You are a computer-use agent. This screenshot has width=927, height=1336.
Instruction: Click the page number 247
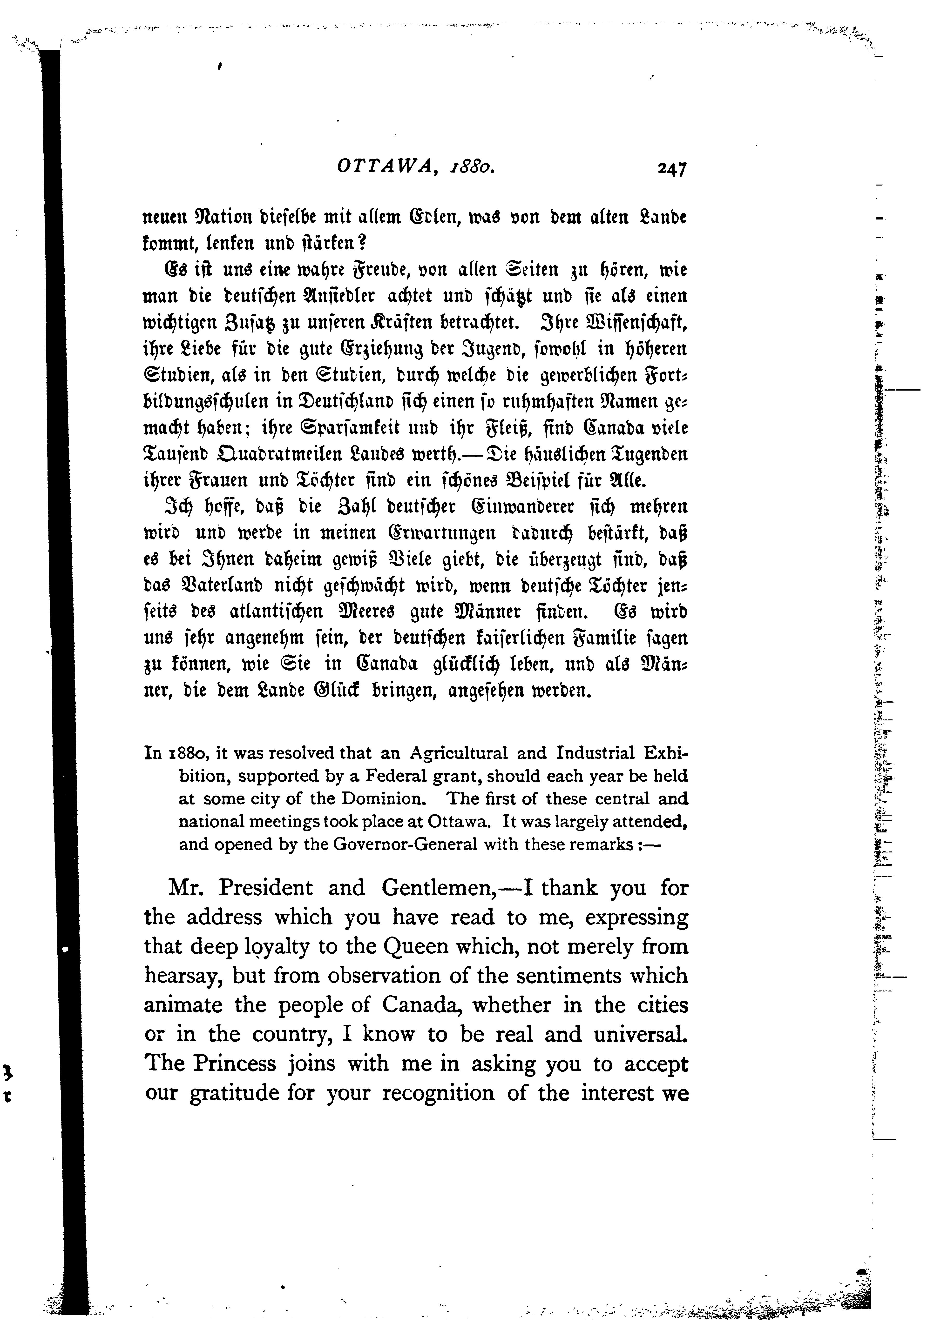tap(672, 169)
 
